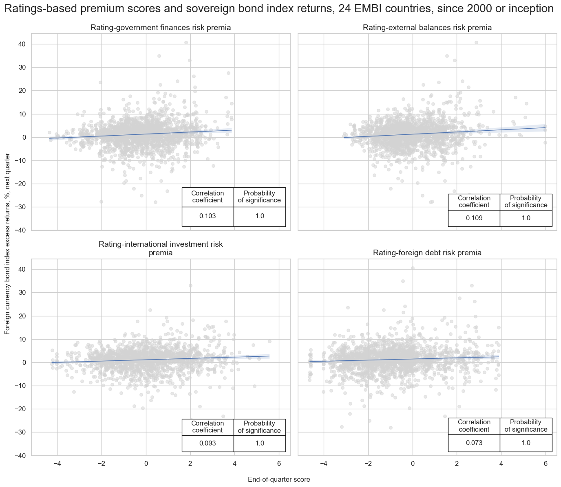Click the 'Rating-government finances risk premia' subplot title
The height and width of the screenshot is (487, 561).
tap(161, 28)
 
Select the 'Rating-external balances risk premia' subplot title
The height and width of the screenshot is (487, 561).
tap(427, 28)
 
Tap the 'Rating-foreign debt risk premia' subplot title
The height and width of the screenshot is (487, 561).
tap(427, 253)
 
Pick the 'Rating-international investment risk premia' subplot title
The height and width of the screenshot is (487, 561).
tap(161, 248)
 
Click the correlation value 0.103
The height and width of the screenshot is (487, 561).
tap(208, 217)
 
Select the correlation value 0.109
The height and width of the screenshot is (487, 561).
tap(474, 218)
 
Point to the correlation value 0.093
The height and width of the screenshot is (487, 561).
tap(208, 443)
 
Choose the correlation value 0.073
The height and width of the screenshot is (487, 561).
tap(474, 443)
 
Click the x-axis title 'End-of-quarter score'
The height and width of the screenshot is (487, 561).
tap(279, 480)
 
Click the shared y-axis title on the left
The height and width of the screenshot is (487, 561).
tap(7, 241)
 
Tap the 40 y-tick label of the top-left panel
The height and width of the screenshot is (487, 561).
tap(22, 44)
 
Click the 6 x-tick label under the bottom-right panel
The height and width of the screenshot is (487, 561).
tap(546, 463)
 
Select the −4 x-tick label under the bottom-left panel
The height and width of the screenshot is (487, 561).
tap(57, 463)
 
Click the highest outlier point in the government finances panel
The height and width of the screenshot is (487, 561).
tap(186, 42)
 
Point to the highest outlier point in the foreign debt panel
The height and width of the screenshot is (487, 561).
tap(413, 268)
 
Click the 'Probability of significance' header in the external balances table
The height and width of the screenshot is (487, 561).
tap(526, 202)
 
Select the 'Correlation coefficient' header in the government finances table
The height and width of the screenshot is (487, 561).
tap(208, 197)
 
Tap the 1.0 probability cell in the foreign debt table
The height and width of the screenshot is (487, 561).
tap(526, 443)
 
